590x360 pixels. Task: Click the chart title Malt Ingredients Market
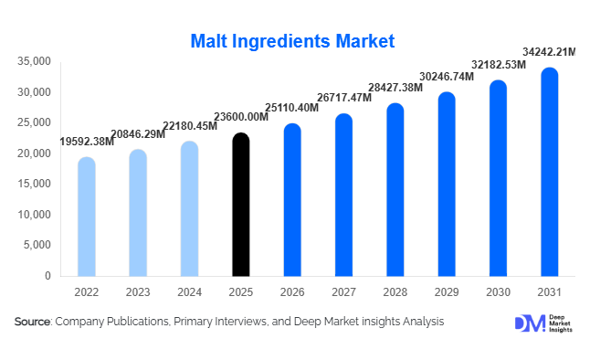pyautogui.click(x=292, y=41)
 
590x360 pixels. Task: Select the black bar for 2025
pyautogui.click(x=240, y=205)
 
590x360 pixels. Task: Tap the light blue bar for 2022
pyautogui.click(x=86, y=217)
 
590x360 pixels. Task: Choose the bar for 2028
pyautogui.click(x=395, y=189)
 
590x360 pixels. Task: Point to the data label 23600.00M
pyautogui.click(x=241, y=117)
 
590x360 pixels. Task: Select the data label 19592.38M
pyautogui.click(x=87, y=142)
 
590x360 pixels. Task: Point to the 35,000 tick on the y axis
pyautogui.click(x=33, y=61)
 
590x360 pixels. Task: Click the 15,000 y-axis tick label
pyautogui.click(x=33, y=184)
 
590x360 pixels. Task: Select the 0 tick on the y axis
pyautogui.click(x=47, y=276)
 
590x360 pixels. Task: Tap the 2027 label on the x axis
pyautogui.click(x=343, y=291)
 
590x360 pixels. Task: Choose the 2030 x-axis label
pyautogui.click(x=498, y=291)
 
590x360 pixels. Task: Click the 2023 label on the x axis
pyautogui.click(x=137, y=291)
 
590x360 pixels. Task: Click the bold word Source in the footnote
pyautogui.click(x=32, y=322)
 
